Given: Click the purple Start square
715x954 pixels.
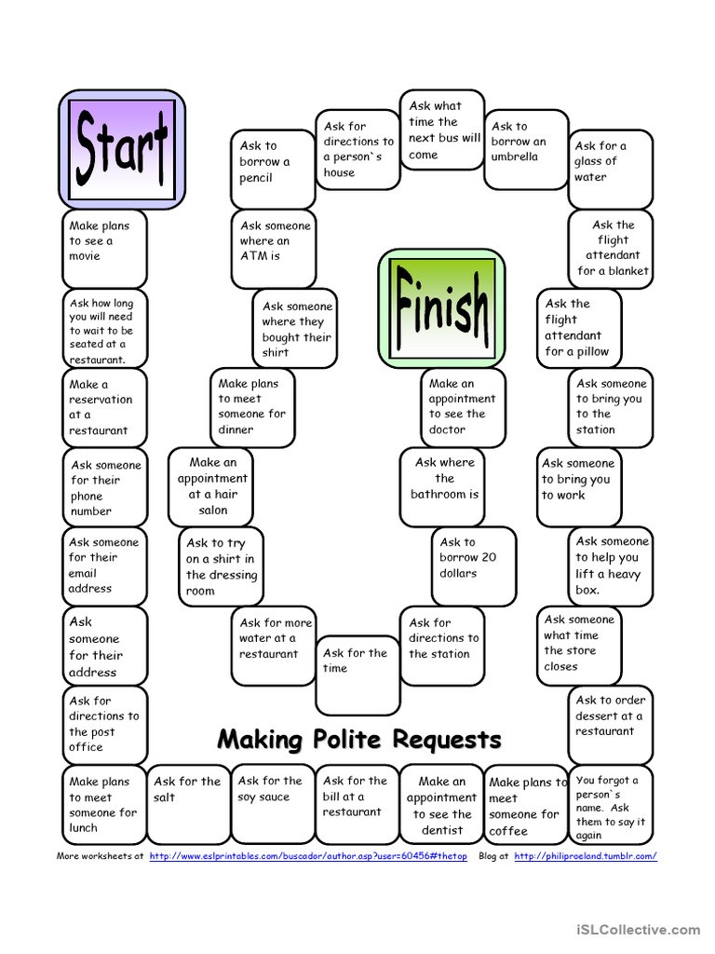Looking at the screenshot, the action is [122, 148].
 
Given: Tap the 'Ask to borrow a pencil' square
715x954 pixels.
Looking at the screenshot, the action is [273, 169].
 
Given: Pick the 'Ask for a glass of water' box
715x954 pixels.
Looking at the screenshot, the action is [610, 168].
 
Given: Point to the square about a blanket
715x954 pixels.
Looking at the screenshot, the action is [611, 248].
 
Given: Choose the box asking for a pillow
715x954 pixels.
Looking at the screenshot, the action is [578, 328].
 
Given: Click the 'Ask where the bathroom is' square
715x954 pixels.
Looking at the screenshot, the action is [444, 486].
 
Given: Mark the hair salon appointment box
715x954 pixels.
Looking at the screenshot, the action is [211, 486].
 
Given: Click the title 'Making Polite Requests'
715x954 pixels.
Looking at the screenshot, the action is [358, 741].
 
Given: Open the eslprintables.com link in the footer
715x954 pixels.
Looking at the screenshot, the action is [307, 855].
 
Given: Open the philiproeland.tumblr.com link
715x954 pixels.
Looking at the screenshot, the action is [585, 855].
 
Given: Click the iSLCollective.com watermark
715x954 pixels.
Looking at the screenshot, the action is [638, 929].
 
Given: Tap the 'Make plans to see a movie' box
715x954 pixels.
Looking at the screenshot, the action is [104, 248].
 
